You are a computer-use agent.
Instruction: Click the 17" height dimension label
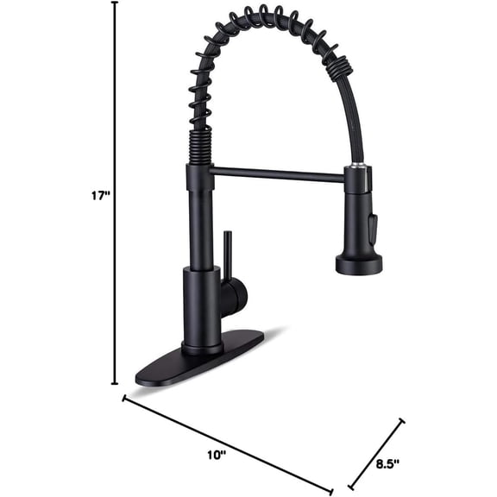click(x=100, y=197)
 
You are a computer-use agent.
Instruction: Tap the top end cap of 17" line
click(x=115, y=3)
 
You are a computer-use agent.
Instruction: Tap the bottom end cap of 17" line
click(x=115, y=384)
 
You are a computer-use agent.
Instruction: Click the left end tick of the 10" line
click(x=124, y=399)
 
